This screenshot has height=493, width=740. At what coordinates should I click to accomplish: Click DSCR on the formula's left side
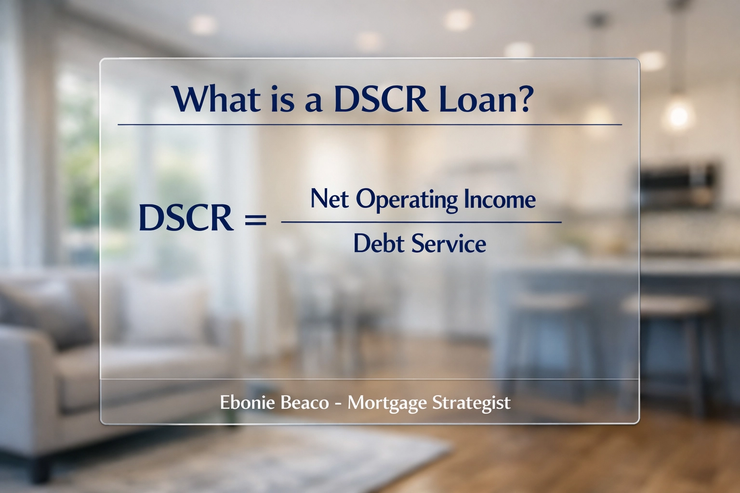tap(186, 217)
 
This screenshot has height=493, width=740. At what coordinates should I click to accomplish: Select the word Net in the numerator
tap(330, 198)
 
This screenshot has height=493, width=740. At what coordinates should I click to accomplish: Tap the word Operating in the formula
tap(407, 199)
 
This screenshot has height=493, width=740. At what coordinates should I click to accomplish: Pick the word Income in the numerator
tap(500, 199)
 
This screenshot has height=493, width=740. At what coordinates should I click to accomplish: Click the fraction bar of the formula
tap(421, 222)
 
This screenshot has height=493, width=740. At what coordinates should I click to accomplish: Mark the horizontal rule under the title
tap(370, 124)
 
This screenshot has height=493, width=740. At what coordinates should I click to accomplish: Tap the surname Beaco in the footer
tap(304, 402)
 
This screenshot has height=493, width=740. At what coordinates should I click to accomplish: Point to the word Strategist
tap(471, 403)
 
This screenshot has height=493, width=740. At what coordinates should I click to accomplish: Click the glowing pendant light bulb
tap(678, 115)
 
